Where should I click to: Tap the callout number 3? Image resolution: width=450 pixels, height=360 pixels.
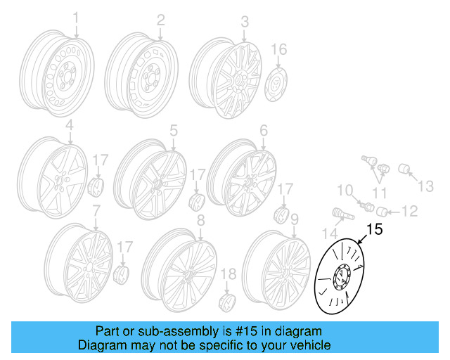245,22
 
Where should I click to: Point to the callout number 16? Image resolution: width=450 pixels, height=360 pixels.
279,49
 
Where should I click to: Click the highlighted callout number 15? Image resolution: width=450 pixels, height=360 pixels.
375,229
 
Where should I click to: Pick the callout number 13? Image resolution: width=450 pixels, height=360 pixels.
427,186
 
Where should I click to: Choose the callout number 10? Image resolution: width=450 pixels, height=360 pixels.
344,190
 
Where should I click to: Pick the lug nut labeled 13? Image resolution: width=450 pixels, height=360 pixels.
406,169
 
